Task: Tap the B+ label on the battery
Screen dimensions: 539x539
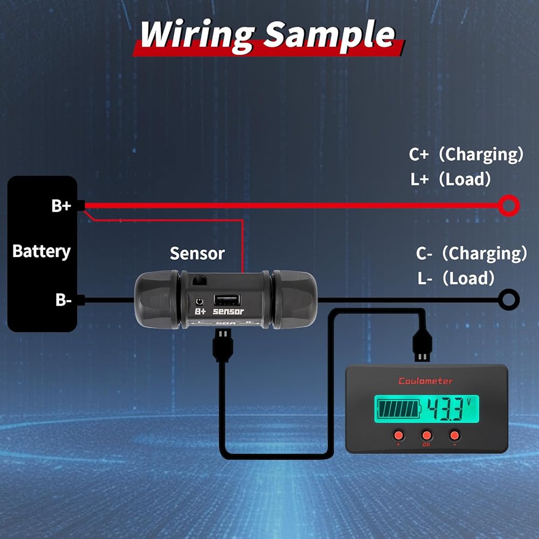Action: pos(61,205)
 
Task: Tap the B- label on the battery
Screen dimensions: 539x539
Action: pos(63,300)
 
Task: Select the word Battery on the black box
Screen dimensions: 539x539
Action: pos(42,252)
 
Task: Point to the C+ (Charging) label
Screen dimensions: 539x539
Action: pos(466,155)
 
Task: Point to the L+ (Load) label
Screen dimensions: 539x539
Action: pos(451,179)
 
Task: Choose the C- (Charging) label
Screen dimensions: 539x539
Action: pos(471,253)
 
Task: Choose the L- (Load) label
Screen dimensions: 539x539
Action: pos(456,278)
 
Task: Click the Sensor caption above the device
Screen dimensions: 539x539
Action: pos(197,253)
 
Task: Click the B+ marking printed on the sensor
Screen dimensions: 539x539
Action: pos(201,312)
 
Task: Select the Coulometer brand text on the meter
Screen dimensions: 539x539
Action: pos(426,381)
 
